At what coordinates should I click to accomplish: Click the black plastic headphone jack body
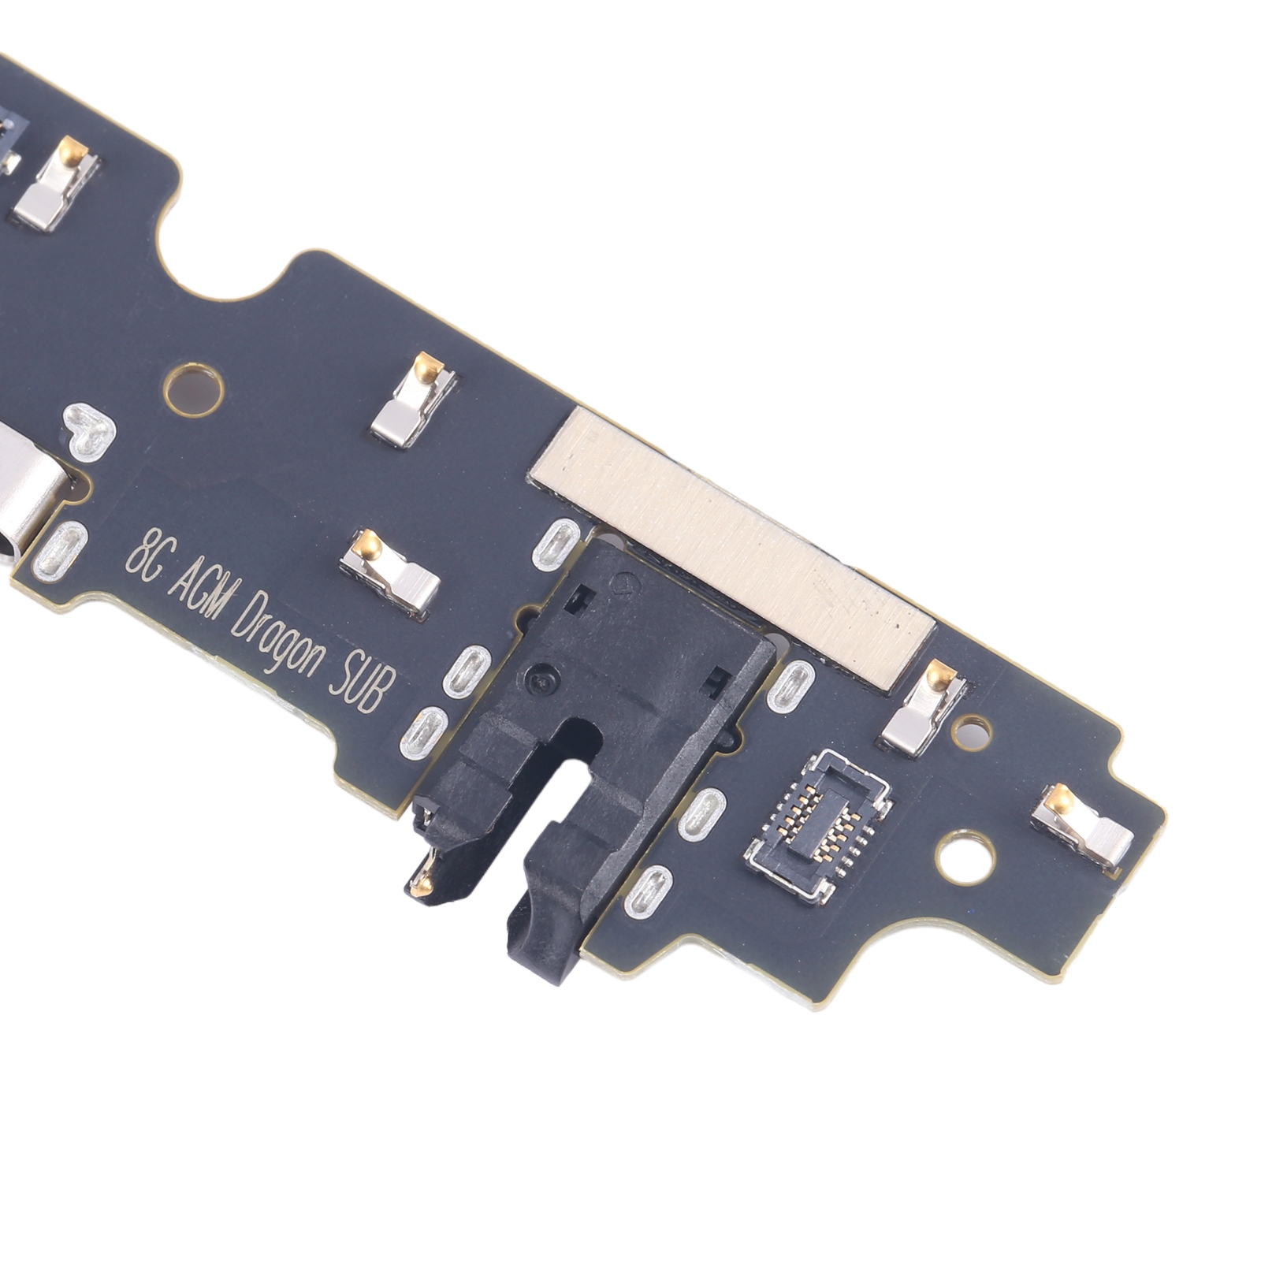[x=599, y=733]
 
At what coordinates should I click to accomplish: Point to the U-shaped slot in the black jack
[x=567, y=780]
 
